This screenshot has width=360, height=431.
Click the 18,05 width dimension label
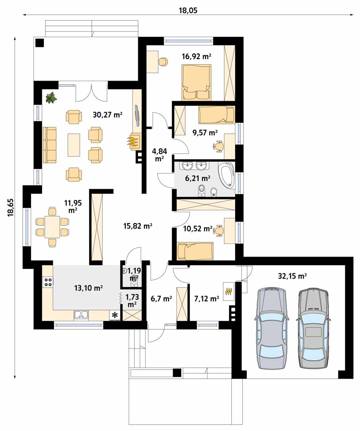[x=188, y=10]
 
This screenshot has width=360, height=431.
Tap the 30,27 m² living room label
[x=107, y=115]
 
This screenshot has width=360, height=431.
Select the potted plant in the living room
[x=51, y=98]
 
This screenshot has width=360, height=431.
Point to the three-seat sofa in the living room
[x=49, y=144]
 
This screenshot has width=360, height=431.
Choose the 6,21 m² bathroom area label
[x=198, y=178]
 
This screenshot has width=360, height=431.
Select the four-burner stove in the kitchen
[x=48, y=282]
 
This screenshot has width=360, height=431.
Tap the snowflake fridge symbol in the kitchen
[x=114, y=315]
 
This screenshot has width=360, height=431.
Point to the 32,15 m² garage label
[x=293, y=276]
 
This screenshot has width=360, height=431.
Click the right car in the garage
[x=313, y=328]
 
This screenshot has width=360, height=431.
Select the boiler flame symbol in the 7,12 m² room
[x=229, y=291]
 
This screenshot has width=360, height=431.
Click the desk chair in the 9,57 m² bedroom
[x=218, y=146]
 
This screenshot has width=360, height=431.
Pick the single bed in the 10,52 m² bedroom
[x=196, y=251]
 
